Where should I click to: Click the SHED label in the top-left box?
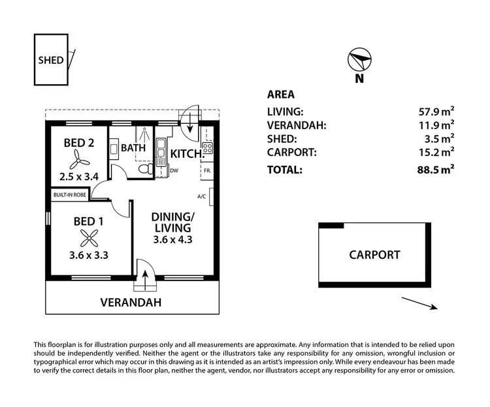[x=51, y=60]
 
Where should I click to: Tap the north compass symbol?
[x=358, y=60]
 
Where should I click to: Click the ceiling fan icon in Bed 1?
[x=88, y=237]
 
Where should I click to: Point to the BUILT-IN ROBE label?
[x=71, y=195]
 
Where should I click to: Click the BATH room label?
[x=133, y=148]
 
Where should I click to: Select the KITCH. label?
[x=186, y=155]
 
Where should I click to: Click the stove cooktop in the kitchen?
[x=207, y=148]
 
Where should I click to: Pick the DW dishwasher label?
[x=174, y=171]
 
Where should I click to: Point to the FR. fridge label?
[x=207, y=171]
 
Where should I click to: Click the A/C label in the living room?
[x=202, y=196]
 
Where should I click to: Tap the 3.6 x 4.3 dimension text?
[x=172, y=239]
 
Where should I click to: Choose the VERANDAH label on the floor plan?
[x=131, y=303]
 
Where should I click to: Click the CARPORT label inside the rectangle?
[x=374, y=254]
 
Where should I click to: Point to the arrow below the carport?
[x=419, y=304]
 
